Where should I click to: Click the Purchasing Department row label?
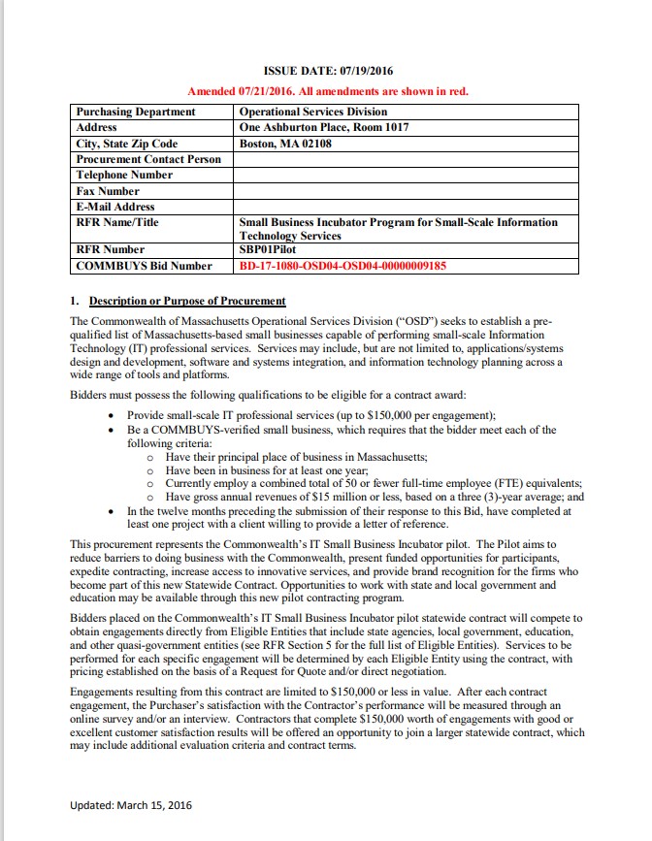point(136,112)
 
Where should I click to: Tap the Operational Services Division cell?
point(312,112)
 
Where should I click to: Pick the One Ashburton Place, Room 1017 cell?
point(324,127)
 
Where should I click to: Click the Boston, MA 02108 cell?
point(285,144)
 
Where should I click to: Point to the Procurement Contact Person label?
point(148,159)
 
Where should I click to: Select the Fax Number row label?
point(108,191)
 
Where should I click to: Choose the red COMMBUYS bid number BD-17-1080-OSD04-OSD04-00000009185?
point(342,265)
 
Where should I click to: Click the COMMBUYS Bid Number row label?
point(144,265)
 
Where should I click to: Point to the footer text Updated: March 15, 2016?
point(132,804)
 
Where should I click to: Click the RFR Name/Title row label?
point(117,222)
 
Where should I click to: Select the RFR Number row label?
point(111,249)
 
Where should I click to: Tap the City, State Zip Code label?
point(127,144)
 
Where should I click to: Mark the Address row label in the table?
point(97,127)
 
